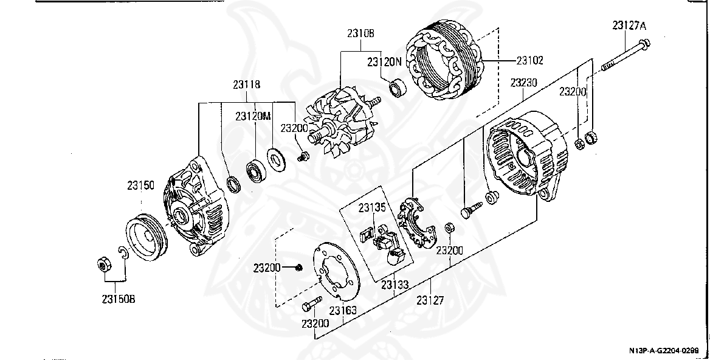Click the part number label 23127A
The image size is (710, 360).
pyautogui.click(x=629, y=26)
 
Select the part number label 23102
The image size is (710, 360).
pyautogui.click(x=529, y=60)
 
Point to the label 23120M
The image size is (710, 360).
pyautogui.click(x=253, y=116)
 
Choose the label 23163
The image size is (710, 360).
pyautogui.click(x=342, y=310)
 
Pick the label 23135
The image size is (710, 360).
pyautogui.click(x=371, y=207)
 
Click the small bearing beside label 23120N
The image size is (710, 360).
pyautogui.click(x=399, y=89)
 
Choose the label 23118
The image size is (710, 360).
pyautogui.click(x=245, y=85)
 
